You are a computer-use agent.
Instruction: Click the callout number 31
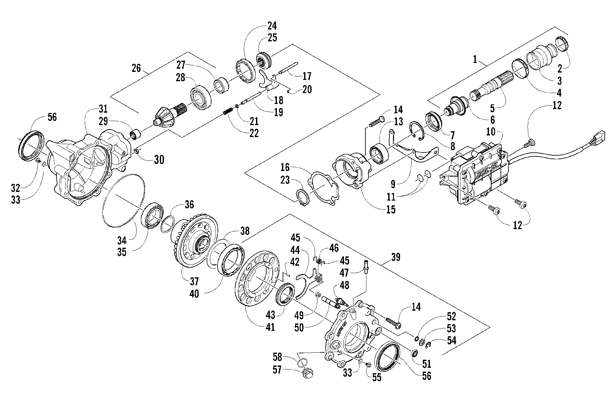103,109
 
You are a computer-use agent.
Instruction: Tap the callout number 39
396,257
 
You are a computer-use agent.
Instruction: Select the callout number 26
136,68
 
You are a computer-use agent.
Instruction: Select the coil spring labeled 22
227,114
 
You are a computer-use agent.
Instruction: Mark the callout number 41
270,327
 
